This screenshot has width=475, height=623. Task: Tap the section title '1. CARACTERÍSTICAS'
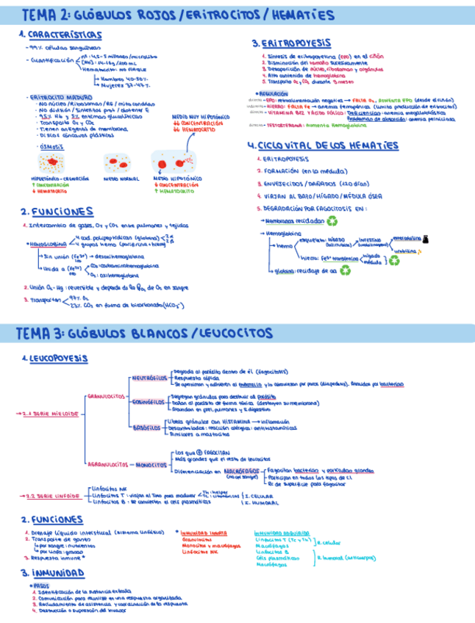pyautogui.click(x=60, y=35)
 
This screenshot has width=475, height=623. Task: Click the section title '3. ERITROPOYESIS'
pyautogui.click(x=291, y=43)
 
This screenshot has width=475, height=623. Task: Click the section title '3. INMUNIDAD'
pyautogui.click(x=50, y=572)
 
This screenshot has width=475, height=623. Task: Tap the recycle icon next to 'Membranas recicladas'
pyautogui.click(x=332, y=219)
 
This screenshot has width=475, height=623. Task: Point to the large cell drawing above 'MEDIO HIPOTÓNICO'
pyautogui.click(x=174, y=162)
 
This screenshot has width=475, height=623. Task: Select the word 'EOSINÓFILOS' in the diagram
pyautogui.click(x=149, y=403)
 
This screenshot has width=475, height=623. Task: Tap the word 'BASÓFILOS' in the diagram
pyautogui.click(x=147, y=427)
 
